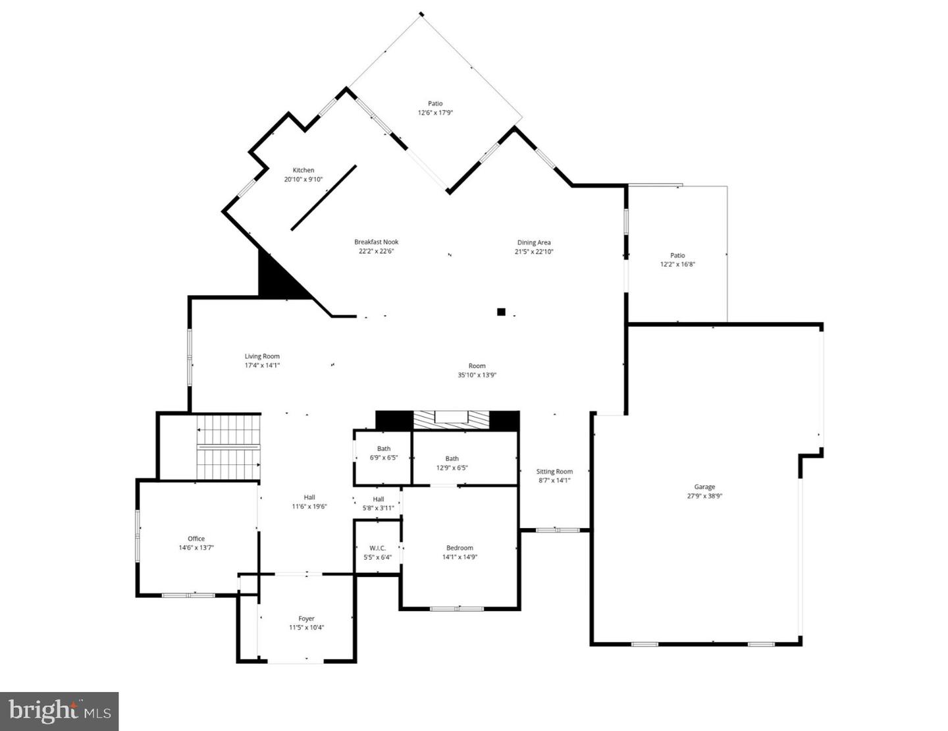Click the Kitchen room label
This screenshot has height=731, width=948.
(x=303, y=170)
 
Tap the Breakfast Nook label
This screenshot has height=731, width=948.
(x=377, y=242)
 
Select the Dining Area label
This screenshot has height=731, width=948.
(x=534, y=242)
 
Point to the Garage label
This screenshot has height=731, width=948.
(x=704, y=487)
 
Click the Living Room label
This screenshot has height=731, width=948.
(x=262, y=356)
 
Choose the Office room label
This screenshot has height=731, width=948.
(x=196, y=539)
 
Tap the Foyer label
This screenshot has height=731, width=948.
(x=306, y=618)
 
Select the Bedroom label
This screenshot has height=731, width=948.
(x=460, y=548)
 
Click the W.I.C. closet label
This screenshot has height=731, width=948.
(x=377, y=548)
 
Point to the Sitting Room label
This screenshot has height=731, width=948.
(x=554, y=472)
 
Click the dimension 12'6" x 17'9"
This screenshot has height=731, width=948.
(x=435, y=113)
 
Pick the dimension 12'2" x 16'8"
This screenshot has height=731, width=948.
(x=677, y=265)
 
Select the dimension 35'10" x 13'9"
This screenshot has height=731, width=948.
(x=477, y=375)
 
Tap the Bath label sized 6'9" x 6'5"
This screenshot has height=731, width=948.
(x=384, y=448)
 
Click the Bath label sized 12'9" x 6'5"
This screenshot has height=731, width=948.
(x=452, y=458)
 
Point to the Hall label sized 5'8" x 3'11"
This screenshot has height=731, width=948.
(x=379, y=499)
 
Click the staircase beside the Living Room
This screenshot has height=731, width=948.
(x=228, y=448)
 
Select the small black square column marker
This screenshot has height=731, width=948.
(x=501, y=312)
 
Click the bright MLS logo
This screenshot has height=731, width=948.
(x=59, y=711)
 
